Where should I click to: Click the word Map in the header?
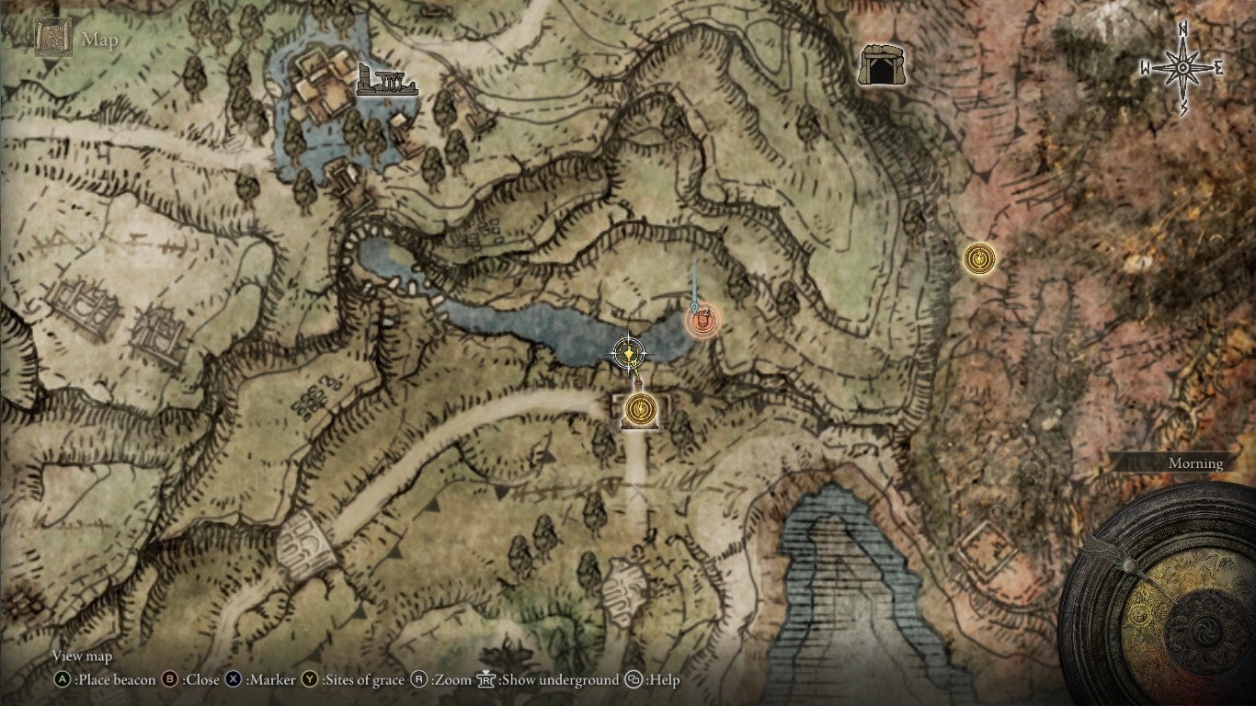pyautogui.click(x=99, y=40)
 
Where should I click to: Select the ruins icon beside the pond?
pyautogui.click(x=387, y=81)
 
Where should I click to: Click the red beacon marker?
pyautogui.click(x=702, y=323)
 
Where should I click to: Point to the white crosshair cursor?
pyautogui.click(x=629, y=350)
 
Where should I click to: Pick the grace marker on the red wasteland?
pyautogui.click(x=979, y=257)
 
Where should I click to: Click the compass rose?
pyautogui.click(x=1182, y=68)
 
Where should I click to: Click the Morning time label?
pyautogui.click(x=1195, y=463)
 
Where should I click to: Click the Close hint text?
pyautogui.click(x=201, y=680)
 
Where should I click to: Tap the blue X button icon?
pyautogui.click(x=234, y=680)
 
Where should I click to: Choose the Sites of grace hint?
pyautogui.click(x=362, y=680)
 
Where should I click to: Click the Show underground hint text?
pyautogui.click(x=558, y=680)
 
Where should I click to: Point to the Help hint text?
pyautogui.click(x=663, y=680)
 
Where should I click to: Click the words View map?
pyautogui.click(x=82, y=656)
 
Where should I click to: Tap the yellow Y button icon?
pyautogui.click(x=310, y=680)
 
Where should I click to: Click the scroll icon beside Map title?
pyautogui.click(x=52, y=39)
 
